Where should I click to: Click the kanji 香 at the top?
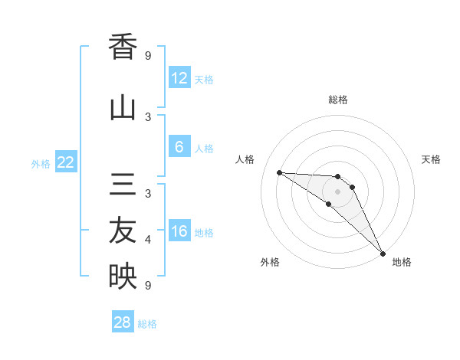point(123,47)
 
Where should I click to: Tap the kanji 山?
point(123,107)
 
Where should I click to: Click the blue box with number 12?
point(179,77)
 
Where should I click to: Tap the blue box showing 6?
point(179,147)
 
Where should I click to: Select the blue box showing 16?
point(179,231)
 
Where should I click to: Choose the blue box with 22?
point(66,162)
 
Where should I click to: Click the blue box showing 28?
point(123,322)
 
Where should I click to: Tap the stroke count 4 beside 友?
point(148,240)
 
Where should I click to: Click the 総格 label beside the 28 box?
point(147,324)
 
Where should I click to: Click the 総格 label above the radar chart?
point(337,100)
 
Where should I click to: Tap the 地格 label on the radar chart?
point(402,262)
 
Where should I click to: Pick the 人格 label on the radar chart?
point(245,159)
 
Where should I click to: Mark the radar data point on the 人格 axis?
point(279,172)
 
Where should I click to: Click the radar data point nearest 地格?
point(383,253)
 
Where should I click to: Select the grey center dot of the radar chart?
point(337,191)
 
